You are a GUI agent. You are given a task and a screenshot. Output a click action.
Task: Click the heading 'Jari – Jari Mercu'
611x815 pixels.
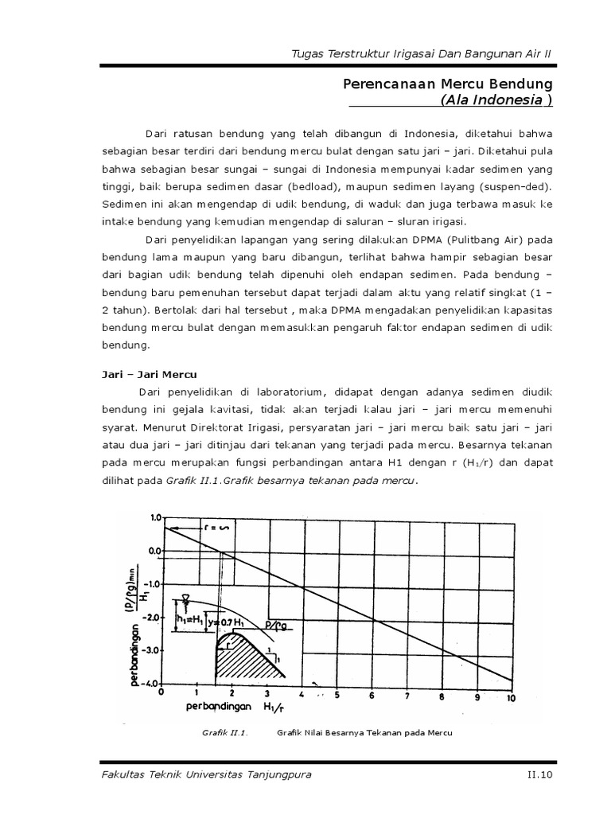[149, 373]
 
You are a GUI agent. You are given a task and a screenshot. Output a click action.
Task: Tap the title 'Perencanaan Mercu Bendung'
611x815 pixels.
[447, 84]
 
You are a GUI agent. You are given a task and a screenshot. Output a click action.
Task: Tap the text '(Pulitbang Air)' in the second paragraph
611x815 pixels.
[469, 240]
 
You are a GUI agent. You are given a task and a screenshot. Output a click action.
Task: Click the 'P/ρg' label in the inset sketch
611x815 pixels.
[278, 623]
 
